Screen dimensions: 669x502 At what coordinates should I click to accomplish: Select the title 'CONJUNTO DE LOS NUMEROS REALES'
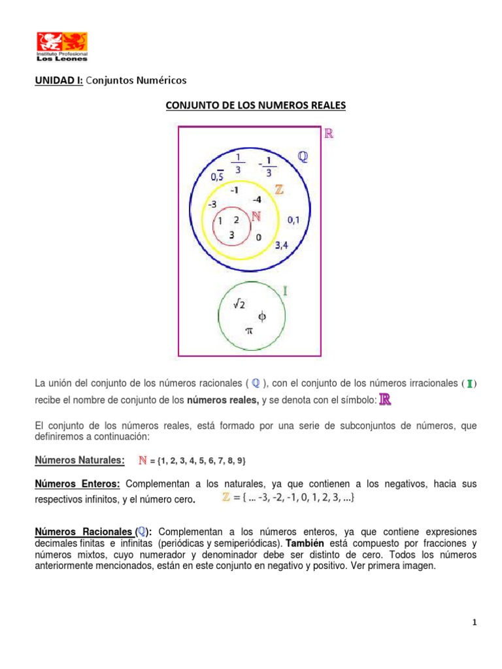click(255, 106)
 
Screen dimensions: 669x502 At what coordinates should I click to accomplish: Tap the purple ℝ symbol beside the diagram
click(329, 134)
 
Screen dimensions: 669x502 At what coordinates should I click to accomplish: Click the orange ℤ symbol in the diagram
click(279, 190)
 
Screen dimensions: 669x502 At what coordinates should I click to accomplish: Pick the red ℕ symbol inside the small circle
click(256, 217)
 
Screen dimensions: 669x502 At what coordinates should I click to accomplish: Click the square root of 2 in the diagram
click(239, 303)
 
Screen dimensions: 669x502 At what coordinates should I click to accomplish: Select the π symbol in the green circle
click(248, 331)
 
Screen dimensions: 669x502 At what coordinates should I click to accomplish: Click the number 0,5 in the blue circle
click(218, 176)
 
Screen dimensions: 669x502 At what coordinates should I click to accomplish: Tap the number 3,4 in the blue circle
click(282, 246)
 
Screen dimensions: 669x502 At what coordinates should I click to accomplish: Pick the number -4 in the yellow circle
click(257, 199)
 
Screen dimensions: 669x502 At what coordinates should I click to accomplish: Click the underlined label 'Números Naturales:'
click(79, 461)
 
